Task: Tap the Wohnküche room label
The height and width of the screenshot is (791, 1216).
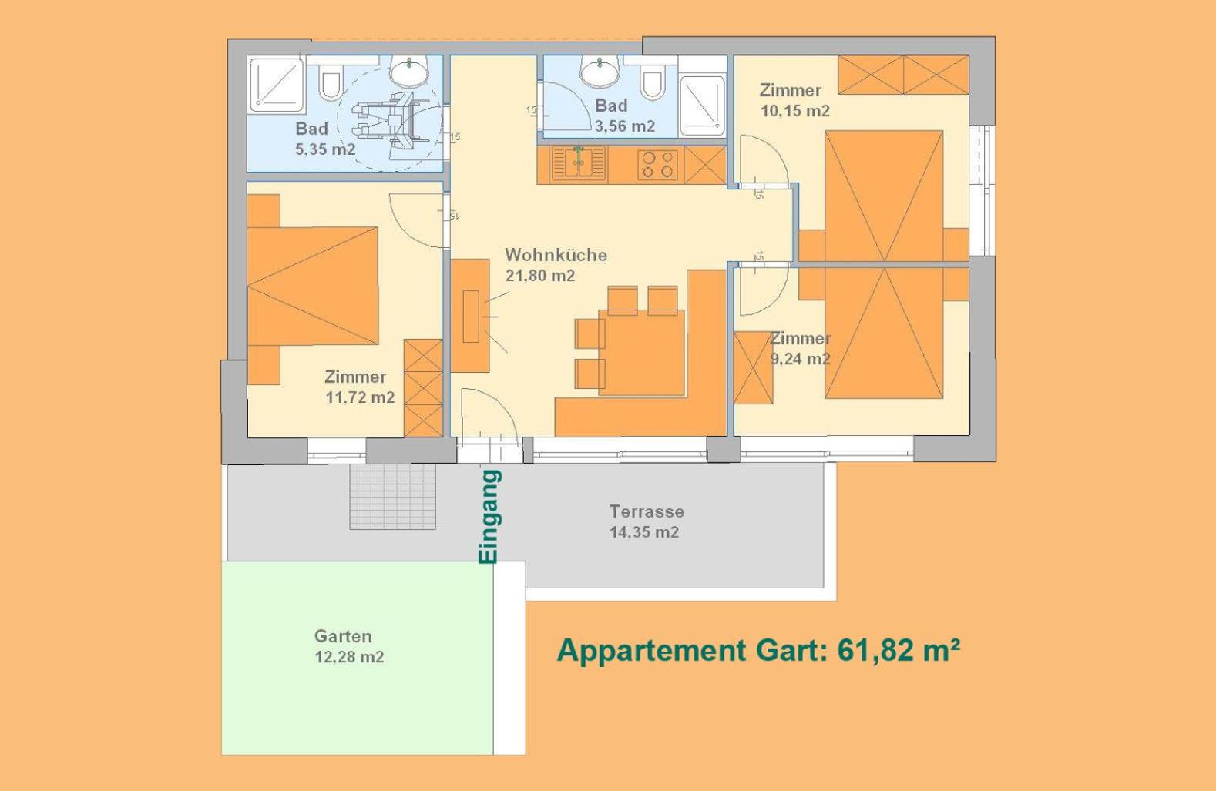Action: coord(556,254)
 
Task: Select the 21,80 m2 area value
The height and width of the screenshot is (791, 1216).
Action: coord(540,276)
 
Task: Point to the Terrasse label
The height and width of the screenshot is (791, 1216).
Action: coord(647,511)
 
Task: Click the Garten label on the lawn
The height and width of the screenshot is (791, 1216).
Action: coord(343,636)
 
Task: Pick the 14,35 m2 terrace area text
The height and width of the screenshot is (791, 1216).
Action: coord(643,532)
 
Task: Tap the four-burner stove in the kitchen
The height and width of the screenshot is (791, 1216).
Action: coord(657,165)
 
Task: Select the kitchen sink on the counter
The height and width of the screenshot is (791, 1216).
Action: coord(579,163)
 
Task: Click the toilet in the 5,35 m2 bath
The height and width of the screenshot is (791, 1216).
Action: coord(330,82)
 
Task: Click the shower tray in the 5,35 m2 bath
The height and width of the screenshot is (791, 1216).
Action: coord(276,85)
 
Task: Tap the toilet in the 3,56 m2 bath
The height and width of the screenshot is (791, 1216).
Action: coord(653,82)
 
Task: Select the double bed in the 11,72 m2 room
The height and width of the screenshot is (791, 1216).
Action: coord(313,286)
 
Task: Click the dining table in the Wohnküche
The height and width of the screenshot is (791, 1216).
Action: coord(642,353)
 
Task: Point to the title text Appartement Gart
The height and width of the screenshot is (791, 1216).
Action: coord(692,650)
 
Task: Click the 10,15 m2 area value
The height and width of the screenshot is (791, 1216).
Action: coord(795,111)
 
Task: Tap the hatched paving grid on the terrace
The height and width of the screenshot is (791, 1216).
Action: coord(392,497)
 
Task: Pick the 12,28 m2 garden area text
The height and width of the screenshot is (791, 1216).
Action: coord(349,657)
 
